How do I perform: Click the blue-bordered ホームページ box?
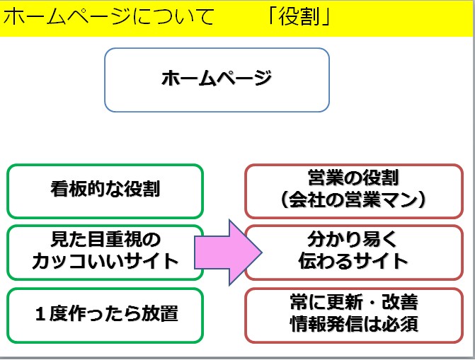[217, 79]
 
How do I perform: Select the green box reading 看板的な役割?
[105, 190]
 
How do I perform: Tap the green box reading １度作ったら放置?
[105, 313]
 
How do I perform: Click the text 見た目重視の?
[105, 240]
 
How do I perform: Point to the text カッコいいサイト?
[105, 261]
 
